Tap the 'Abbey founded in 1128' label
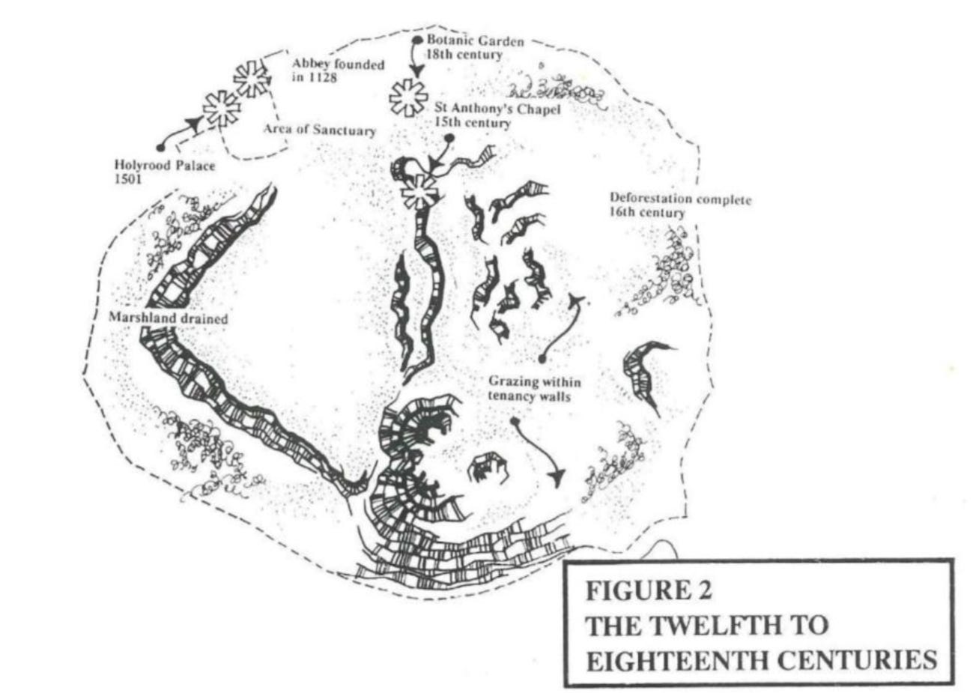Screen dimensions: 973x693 coord(338,71)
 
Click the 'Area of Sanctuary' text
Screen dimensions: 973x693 coord(318,130)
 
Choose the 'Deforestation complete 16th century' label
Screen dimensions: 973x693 coord(679,206)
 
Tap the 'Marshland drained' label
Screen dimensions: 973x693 coord(169,318)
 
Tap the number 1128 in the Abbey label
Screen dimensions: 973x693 coord(322,78)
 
